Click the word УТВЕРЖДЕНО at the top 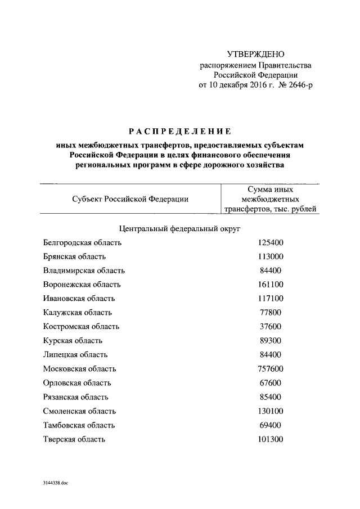point(256,54)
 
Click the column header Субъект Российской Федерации point(130,199)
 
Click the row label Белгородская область point(82,243)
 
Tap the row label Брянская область point(74,257)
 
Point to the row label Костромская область point(81,326)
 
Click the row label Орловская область point(77,382)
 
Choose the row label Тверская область point(74,439)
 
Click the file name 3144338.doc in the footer point(55,483)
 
